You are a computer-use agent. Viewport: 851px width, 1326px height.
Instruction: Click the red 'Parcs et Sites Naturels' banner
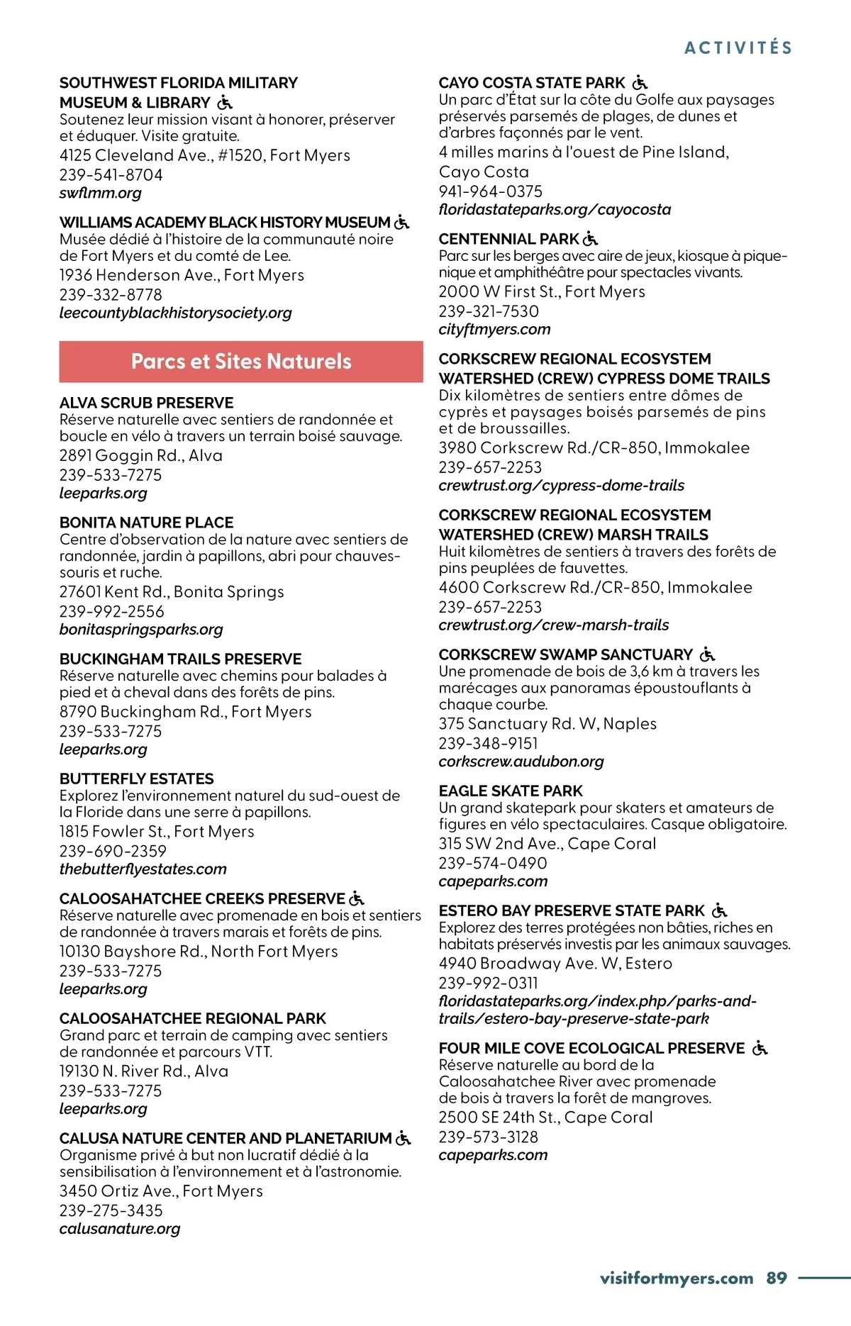pos(241,362)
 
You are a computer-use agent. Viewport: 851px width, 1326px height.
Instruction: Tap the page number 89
pos(777,1278)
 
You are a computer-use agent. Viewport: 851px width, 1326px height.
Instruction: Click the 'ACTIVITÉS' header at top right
pos(738,48)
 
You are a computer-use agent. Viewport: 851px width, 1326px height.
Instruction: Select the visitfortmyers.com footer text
pos(676,1278)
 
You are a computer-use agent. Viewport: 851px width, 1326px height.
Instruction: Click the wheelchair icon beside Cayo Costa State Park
pos(640,83)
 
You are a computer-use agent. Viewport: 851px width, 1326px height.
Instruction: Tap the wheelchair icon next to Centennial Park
pos(590,239)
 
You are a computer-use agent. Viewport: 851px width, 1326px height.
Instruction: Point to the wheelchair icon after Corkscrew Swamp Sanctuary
pos(707,654)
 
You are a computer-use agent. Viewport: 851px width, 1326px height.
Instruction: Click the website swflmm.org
pos(101,193)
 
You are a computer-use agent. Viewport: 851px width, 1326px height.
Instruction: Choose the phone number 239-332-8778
pos(111,294)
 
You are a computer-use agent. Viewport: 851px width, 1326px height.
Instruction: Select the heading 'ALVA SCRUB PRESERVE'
pos(147,403)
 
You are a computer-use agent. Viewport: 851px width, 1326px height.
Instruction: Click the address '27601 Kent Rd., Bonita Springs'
pos(172,591)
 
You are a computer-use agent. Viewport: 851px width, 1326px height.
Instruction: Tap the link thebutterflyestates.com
pos(143,869)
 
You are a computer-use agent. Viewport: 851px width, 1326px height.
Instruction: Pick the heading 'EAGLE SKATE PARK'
pos(511,791)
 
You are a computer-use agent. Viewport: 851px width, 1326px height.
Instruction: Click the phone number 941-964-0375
pos(491,191)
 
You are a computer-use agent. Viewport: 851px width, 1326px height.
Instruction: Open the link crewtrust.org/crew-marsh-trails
pos(554,625)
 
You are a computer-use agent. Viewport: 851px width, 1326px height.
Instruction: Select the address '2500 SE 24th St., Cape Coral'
pos(546,1117)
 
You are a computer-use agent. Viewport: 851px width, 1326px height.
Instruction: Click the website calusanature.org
pos(120,1228)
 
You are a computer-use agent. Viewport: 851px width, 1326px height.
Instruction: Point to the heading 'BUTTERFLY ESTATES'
pos(137,779)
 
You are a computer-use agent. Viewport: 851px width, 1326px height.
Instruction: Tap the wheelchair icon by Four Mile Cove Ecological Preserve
pos(760,1048)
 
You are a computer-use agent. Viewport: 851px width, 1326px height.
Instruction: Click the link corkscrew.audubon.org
pos(521,762)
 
